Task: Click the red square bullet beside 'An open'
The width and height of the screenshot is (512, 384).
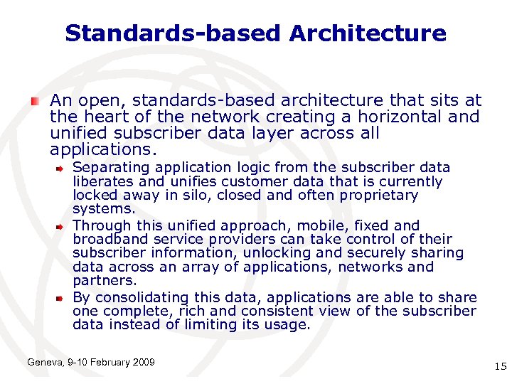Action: [35, 102]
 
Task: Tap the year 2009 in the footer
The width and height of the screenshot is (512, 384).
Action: [143, 363]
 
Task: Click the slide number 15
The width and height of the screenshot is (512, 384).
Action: [499, 366]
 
